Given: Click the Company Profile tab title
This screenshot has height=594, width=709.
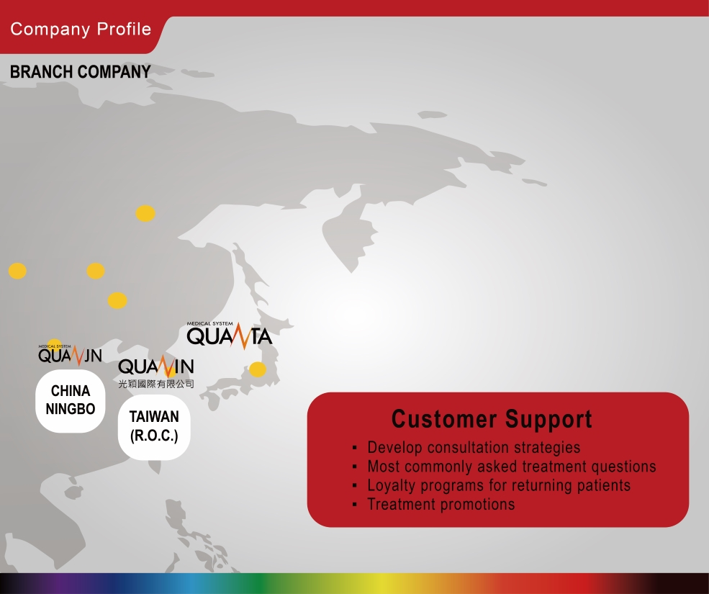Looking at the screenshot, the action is point(81,30).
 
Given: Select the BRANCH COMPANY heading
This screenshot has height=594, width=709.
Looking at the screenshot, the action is point(81,71).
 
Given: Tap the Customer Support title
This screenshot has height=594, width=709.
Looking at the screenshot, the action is point(492,419).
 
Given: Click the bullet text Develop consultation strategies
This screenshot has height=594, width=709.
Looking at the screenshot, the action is point(474,447).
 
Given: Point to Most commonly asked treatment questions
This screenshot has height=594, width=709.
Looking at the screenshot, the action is point(511,467).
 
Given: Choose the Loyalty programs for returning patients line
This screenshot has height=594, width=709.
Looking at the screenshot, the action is point(499,485).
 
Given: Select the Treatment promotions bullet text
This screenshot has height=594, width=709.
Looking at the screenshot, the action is point(441,504).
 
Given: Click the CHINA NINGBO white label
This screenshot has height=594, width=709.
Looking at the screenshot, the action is point(71,401).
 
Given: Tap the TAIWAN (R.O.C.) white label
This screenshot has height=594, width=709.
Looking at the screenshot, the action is point(154,427).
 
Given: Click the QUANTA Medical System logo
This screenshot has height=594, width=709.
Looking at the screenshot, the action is point(229,336).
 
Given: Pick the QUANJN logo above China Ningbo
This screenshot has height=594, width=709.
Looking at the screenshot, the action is point(70,355).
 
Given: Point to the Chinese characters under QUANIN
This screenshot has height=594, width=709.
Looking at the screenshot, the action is point(156,384).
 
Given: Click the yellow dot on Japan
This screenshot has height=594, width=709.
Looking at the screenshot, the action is point(258,369).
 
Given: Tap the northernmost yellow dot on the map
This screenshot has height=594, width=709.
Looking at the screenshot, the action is point(145,213).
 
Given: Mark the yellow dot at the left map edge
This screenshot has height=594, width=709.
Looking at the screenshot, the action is point(17,271).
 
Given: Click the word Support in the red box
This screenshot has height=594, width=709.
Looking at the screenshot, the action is point(548,419).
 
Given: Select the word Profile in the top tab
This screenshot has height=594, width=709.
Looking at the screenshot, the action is point(124,30).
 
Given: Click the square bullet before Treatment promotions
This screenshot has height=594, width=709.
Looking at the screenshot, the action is point(354,505).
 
